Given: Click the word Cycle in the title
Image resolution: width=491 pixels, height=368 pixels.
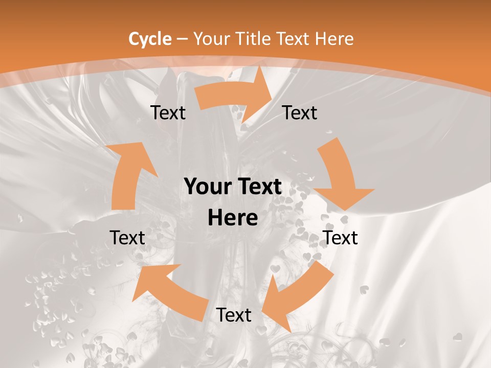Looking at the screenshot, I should point(150,39).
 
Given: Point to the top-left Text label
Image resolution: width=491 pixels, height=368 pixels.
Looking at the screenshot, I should point(168,112).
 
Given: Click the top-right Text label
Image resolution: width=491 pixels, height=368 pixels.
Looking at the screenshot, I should point(300,112).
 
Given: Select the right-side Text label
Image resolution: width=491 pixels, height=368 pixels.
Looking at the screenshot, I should point(340,238).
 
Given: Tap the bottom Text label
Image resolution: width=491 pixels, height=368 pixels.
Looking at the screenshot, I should point(234,315).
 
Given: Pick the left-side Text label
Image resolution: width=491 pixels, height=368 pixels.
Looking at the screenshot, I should point(127,238).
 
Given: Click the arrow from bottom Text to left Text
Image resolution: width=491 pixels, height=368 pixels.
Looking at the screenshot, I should point(169,291).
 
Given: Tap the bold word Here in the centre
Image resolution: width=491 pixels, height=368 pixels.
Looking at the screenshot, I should point(233,218).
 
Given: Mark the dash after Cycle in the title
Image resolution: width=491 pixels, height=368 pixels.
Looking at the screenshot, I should point(182,39).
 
